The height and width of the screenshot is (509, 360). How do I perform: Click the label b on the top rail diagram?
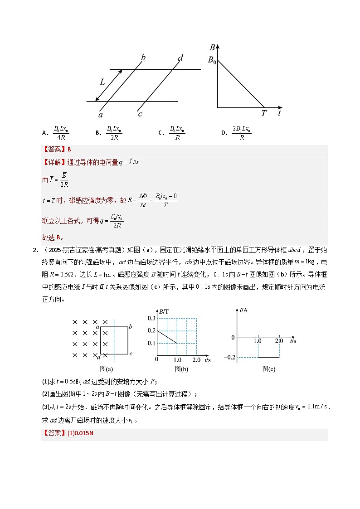coord(143,57)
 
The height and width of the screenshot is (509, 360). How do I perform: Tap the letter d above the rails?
coord(180,58)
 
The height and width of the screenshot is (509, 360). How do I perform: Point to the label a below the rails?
coord(101,116)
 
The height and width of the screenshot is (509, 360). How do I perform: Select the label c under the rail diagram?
coord(140,114)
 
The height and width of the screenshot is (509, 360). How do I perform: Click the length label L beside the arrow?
coord(102,82)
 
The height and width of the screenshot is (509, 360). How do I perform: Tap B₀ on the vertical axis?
coord(212,59)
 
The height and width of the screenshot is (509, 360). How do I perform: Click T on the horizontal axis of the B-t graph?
coord(263,113)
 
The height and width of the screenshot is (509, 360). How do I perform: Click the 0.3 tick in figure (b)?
coord(151,319)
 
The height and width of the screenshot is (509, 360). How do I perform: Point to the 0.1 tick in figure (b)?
coord(151,343)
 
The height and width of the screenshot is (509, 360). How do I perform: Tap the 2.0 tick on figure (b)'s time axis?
coord(196,359)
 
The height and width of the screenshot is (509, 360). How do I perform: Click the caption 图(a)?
coord(106,369)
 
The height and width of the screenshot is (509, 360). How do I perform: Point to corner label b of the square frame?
coord(131,326)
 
